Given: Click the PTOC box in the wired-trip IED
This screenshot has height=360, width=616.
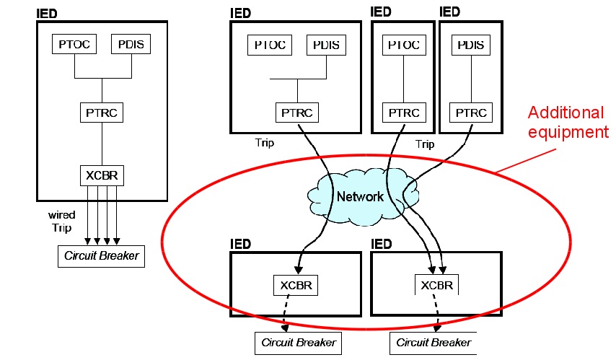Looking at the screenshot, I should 75,44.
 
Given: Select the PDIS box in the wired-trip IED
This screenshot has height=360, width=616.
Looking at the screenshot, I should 131,44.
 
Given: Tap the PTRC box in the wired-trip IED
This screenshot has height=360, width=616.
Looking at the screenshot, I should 102,113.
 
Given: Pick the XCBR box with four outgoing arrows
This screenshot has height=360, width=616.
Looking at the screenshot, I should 102,175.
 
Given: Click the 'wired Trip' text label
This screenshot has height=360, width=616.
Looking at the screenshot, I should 62,220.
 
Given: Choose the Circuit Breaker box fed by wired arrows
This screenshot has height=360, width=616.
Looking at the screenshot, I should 101,255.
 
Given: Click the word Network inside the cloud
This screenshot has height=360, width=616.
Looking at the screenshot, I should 360,197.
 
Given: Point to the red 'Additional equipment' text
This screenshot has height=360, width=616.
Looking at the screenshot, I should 565,122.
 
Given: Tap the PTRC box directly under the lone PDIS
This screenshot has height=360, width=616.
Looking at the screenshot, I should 472,113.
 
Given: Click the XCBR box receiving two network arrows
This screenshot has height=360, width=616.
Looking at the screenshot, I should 436,285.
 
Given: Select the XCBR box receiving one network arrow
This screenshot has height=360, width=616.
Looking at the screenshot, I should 296,285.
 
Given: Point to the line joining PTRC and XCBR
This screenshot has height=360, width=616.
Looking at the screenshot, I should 102,144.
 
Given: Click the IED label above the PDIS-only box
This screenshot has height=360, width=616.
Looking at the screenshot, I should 449,12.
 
